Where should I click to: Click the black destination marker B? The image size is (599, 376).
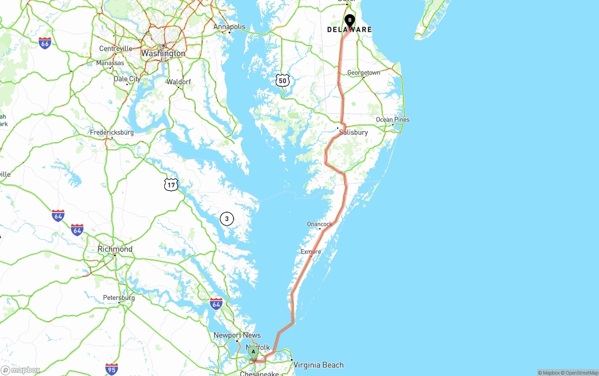350,21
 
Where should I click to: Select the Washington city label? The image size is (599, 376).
163,53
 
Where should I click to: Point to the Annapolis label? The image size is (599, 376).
229,27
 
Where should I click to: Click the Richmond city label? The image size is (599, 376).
115,249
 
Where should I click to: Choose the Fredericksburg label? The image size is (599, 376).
112,133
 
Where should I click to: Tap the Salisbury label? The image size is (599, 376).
353,133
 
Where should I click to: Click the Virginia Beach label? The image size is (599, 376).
319,365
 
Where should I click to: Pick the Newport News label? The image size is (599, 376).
237,335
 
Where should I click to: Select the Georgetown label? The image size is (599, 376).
364,73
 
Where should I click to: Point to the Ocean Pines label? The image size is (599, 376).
393,119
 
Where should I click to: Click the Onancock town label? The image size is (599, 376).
320,224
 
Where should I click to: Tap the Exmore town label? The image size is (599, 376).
311,251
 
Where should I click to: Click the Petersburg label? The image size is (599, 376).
119,298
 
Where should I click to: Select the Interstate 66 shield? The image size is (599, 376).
45,43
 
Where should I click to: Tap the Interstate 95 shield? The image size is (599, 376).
111,369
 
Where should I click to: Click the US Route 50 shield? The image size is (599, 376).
282,81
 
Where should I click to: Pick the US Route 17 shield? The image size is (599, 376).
171,185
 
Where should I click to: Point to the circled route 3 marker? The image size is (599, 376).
226,219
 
